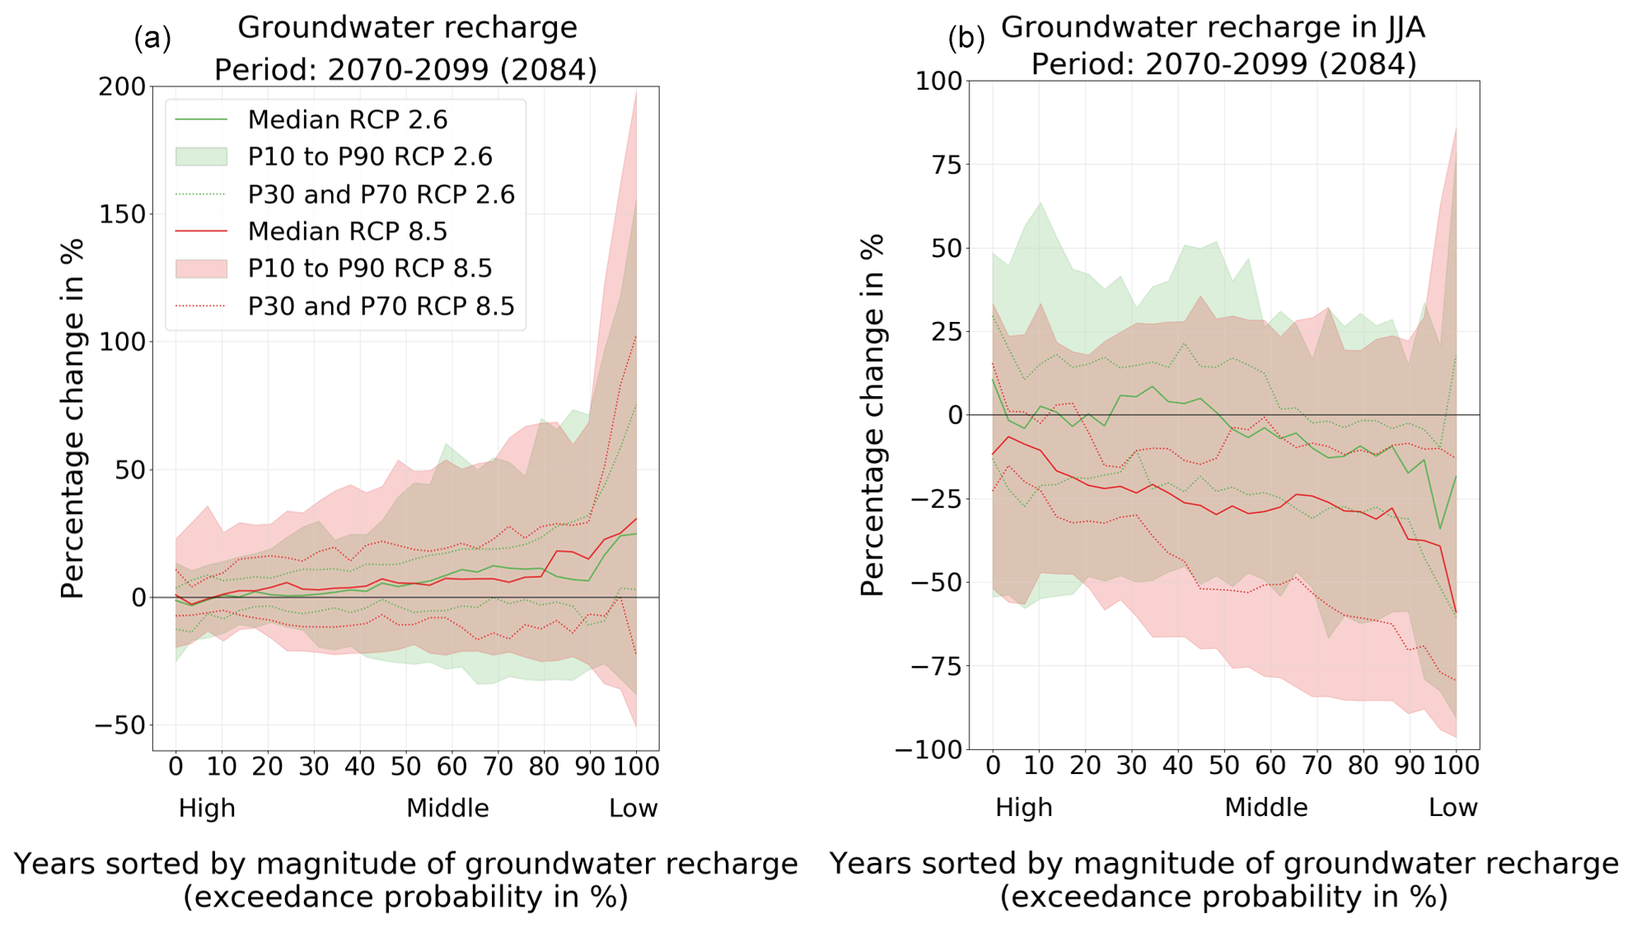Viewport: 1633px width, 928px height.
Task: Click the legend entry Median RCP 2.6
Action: (347, 120)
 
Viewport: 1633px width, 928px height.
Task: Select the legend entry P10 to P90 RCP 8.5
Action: (369, 268)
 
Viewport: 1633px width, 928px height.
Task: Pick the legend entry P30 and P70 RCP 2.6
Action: (381, 194)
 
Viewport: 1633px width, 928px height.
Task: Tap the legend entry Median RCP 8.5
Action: (347, 231)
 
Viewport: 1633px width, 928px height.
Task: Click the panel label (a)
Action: (152, 38)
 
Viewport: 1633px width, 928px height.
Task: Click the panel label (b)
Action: (966, 38)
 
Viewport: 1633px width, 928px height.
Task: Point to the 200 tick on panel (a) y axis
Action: (122, 86)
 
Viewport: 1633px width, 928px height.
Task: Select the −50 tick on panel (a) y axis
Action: (120, 725)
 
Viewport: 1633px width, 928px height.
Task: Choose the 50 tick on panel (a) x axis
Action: (405, 767)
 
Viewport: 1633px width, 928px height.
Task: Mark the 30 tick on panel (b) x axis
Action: (1131, 766)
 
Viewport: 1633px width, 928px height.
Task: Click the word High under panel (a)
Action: (207, 809)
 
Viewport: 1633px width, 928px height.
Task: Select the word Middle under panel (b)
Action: (1266, 808)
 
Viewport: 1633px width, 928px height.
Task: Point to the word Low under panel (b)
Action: (1453, 808)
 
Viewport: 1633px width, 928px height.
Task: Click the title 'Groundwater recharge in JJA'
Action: (1213, 28)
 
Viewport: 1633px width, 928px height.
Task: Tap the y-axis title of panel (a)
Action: (73, 418)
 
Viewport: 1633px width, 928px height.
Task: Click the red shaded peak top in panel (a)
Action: (635, 92)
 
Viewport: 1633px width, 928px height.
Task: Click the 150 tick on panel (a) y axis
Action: (122, 214)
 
